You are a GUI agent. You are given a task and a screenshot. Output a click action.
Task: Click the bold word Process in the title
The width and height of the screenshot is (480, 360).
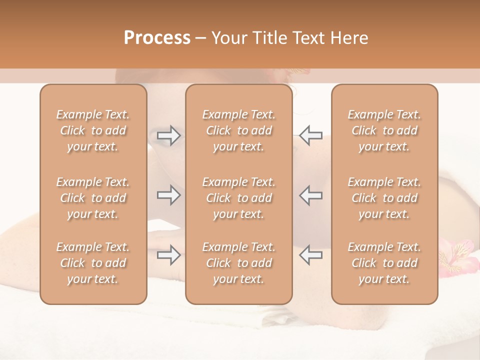157,38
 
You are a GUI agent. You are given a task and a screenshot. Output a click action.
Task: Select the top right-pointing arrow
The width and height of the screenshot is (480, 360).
168,135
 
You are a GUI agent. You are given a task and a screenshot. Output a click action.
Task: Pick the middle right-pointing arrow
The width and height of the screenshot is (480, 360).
168,195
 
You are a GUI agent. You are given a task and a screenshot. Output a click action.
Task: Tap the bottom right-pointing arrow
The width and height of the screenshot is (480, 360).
168,255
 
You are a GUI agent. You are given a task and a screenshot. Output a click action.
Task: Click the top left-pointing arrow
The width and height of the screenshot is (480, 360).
310,135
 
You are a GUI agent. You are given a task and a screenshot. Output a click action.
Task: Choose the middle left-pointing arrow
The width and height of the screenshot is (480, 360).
310,195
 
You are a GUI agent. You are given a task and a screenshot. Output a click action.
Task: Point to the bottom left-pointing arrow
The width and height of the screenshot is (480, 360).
310,255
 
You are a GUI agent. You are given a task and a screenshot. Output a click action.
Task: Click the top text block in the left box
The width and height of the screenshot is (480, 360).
93,130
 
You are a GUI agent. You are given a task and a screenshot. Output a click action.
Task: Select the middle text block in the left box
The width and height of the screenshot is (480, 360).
93,198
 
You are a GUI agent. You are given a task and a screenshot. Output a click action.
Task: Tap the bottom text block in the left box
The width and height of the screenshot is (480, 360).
93,263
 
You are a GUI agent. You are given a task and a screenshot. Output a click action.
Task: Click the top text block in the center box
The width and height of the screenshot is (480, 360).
238,130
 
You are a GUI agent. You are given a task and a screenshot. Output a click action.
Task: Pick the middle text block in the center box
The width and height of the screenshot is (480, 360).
238,198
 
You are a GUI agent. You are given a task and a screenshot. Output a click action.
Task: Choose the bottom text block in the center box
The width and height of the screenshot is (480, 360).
238,263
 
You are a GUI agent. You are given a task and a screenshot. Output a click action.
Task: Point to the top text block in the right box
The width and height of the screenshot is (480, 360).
384,130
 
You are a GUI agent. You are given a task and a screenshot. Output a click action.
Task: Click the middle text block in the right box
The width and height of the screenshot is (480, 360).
384,198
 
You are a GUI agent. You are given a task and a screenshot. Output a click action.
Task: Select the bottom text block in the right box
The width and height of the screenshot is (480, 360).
384,263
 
